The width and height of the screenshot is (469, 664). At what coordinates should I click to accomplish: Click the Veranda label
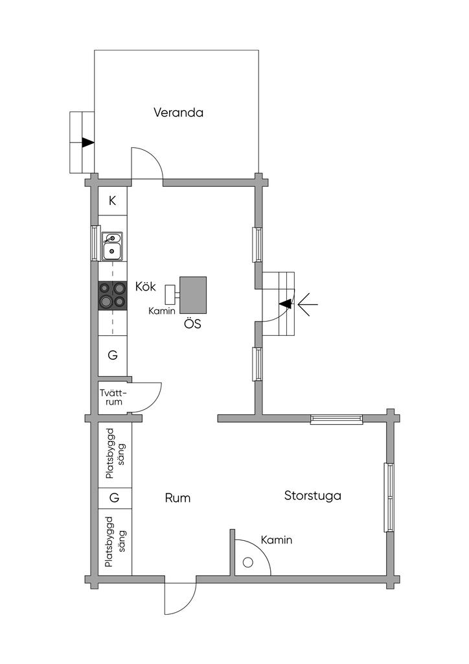pos(178,113)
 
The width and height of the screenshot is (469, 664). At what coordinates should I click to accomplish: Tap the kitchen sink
pos(112,246)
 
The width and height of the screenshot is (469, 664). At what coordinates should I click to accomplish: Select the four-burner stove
pos(113,295)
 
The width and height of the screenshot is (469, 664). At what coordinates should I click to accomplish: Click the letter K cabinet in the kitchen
pos(113,201)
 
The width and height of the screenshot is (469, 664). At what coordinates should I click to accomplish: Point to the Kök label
pos(146,287)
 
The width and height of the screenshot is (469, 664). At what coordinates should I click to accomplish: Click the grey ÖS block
pos(193,295)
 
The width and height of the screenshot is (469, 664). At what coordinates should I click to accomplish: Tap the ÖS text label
pos(192,324)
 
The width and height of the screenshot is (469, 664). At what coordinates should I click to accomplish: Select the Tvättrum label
pos(113,397)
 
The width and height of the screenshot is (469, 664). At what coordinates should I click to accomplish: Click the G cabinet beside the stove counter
pos(113,355)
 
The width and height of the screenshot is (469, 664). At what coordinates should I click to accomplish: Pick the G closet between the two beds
pos(114,498)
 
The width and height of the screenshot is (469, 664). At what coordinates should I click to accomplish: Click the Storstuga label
pos(312,496)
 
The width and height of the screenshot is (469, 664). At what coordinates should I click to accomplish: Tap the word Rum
pos(177,498)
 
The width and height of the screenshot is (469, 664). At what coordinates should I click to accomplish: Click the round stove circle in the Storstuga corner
pos(248,563)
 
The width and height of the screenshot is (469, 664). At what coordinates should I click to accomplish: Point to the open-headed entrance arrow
pos(308,304)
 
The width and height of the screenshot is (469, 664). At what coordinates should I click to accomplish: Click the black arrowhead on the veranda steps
pos(88,143)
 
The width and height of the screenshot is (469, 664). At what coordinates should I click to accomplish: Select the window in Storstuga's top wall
pos(337,419)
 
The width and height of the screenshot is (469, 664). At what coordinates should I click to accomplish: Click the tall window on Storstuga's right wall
pos(389,497)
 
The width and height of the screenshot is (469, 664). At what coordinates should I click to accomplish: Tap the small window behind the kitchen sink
pos(94,243)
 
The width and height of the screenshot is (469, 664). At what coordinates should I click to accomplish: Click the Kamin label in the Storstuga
pos(276,540)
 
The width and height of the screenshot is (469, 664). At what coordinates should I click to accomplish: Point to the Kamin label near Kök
pos(161,311)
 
